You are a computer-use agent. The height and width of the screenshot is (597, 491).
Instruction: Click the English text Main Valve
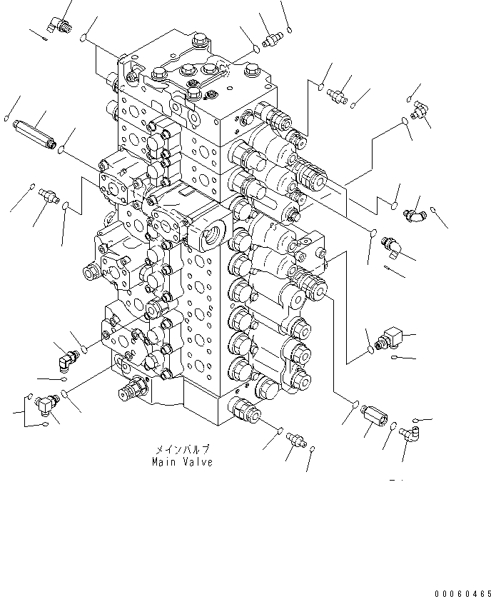(182, 462)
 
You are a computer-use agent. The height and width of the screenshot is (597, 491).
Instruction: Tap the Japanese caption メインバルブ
(181, 450)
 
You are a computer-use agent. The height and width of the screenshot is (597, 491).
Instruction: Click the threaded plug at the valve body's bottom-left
(133, 390)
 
